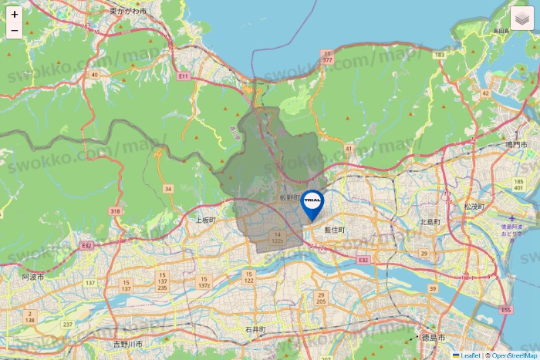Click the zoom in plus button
15,15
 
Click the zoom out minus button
15,32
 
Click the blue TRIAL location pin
312,203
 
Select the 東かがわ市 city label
128,12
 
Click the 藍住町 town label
335,230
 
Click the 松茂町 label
474,207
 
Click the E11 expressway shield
183,77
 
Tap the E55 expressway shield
506,310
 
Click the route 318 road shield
116,211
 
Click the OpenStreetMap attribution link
515,355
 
